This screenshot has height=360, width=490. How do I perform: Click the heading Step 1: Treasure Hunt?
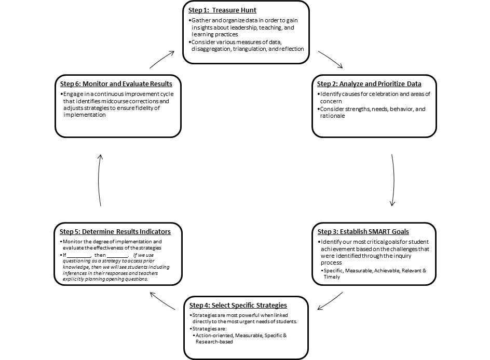pos(222,9)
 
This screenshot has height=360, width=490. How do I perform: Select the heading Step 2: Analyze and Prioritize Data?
pos(369,84)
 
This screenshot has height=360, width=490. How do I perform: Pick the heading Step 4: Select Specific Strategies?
pos(238,305)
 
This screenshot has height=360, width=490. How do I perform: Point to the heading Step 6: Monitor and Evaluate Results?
pos(116,84)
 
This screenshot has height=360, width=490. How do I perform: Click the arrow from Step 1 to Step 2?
pos(330,60)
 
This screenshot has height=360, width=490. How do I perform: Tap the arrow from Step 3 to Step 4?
pos(330,301)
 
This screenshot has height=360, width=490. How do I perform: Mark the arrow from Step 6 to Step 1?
pos(162,60)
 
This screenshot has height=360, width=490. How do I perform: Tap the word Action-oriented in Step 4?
pos(213,336)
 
